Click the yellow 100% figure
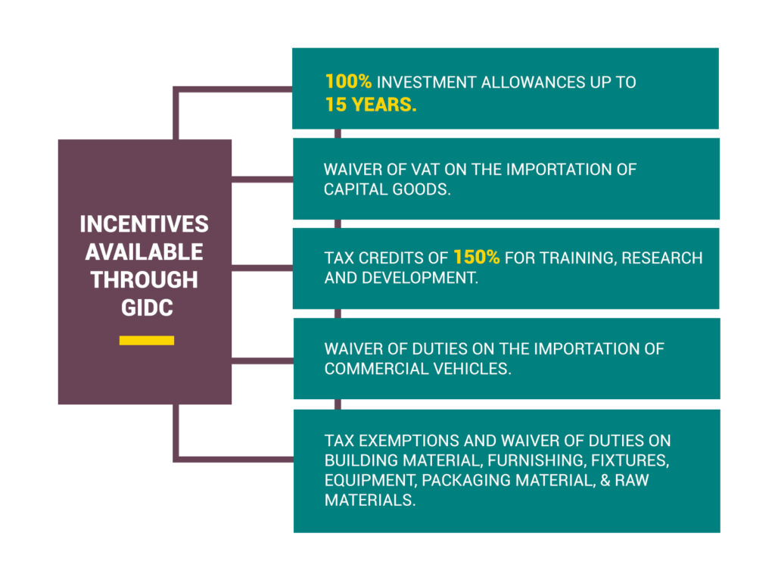(x=348, y=82)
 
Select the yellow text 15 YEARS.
(x=371, y=105)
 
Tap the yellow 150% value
(x=476, y=257)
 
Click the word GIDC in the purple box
(x=145, y=307)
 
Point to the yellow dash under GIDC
(x=147, y=340)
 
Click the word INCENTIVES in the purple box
(x=145, y=224)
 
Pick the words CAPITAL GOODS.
(x=387, y=189)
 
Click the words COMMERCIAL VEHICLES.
(x=417, y=369)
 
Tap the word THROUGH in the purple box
(x=145, y=279)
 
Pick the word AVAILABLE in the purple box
(x=145, y=251)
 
